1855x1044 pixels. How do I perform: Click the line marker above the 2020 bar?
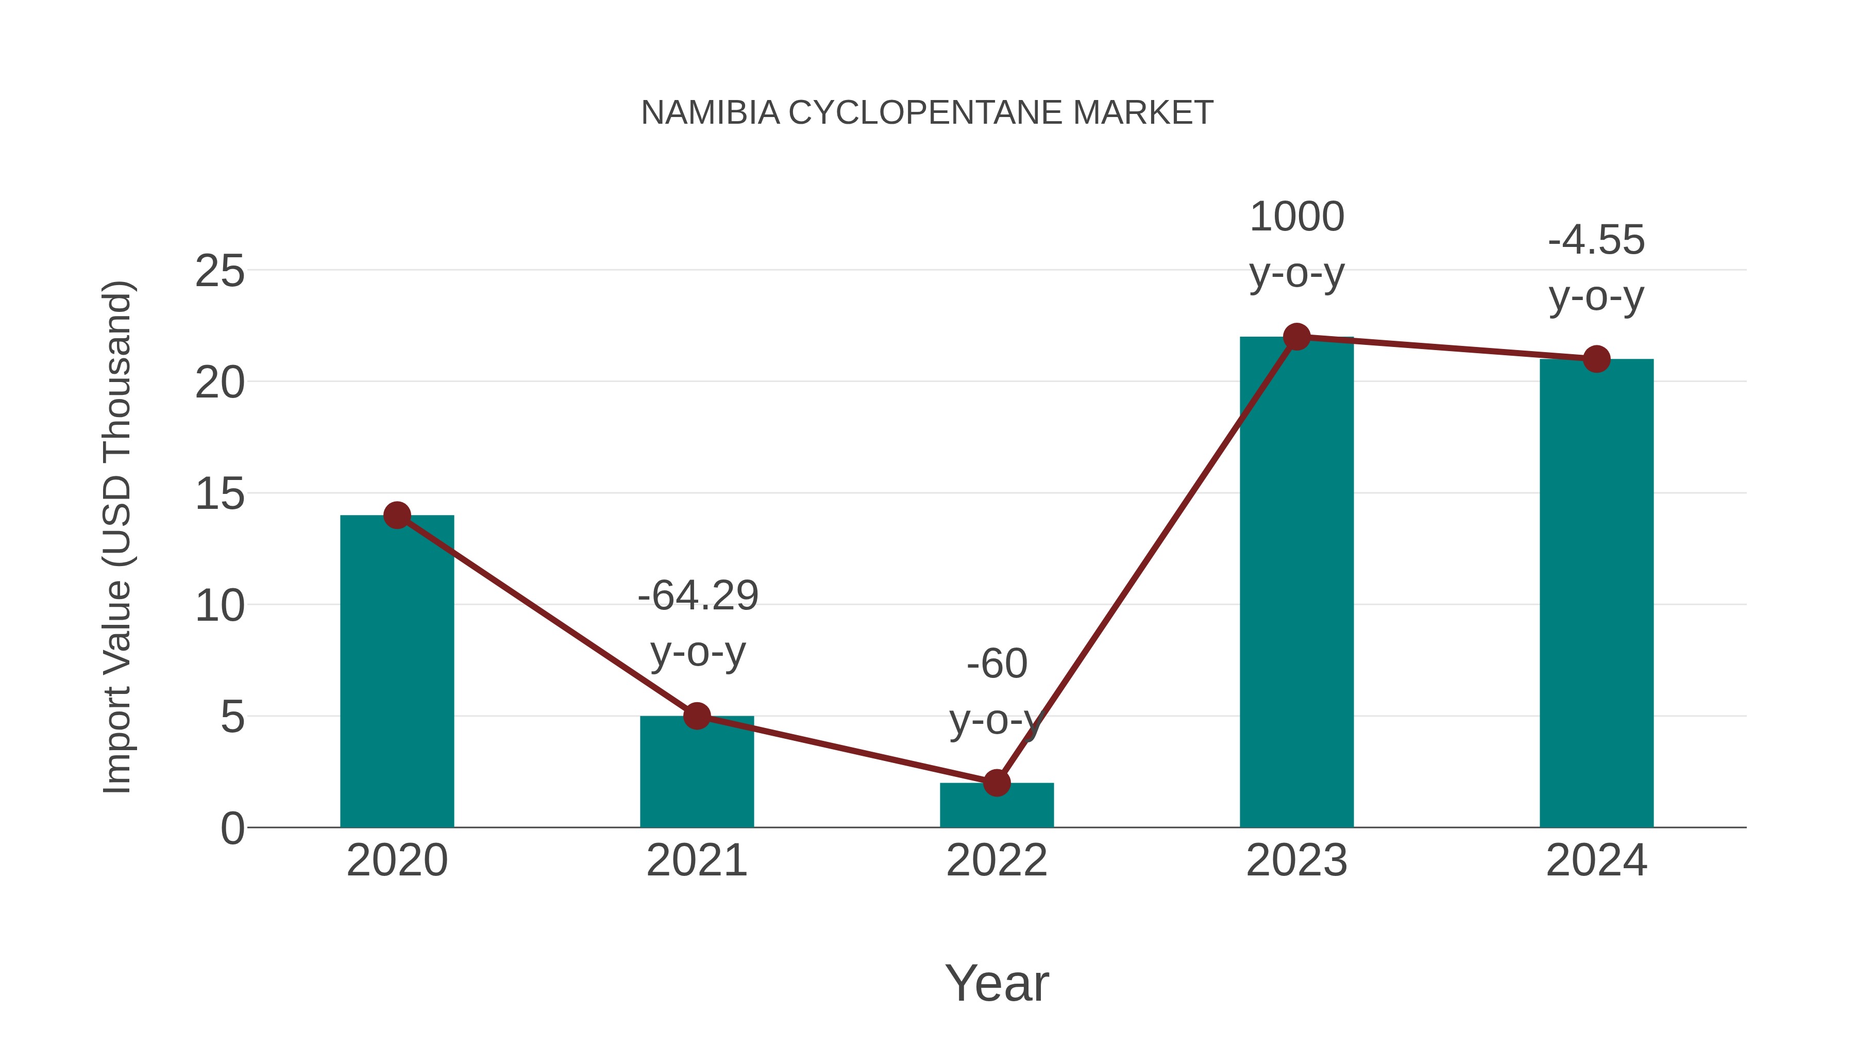pos(397,515)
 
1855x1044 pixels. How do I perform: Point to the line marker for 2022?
pos(996,783)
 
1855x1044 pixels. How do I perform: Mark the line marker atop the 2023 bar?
pos(1296,337)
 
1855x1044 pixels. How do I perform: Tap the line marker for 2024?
pos(1596,359)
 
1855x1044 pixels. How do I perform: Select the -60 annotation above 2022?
pos(997,664)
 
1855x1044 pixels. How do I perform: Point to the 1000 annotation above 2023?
pos(1296,217)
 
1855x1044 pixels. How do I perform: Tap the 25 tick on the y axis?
pos(220,272)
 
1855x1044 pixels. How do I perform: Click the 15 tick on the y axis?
pos(220,494)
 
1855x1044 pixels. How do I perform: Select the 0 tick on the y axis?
pos(232,828)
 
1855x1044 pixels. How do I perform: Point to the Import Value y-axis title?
pos(116,537)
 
